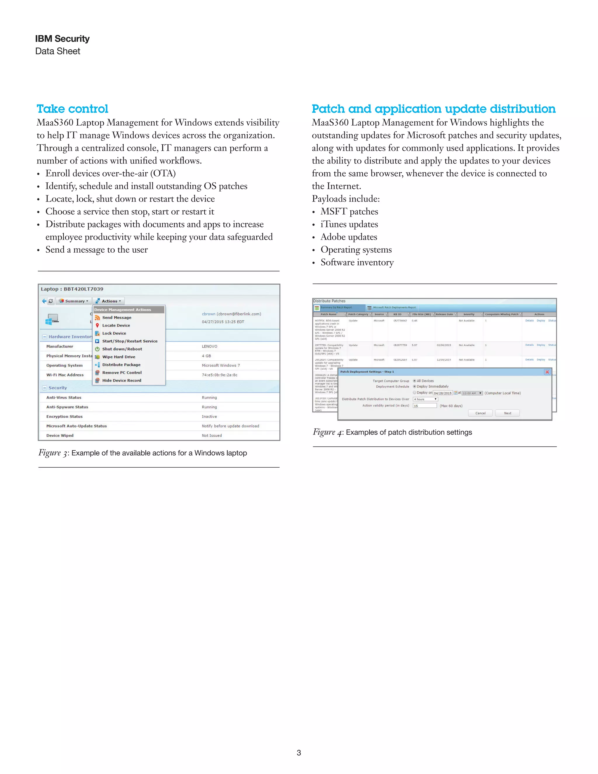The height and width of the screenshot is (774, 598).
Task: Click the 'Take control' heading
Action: coord(72,109)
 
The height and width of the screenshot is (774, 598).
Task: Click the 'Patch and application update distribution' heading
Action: coord(433,109)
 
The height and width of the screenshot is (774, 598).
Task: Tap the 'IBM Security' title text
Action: coord(62,39)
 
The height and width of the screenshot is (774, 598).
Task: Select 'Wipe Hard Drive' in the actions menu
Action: coord(119,357)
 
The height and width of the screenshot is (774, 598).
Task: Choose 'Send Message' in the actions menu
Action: coord(117,317)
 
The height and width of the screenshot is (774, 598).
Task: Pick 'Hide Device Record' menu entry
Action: coord(121,380)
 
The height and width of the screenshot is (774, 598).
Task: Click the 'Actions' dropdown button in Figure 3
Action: coord(109,301)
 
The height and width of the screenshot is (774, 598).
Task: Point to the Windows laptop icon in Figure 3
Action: coord(52,319)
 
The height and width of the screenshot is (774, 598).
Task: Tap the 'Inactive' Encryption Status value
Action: coord(209,416)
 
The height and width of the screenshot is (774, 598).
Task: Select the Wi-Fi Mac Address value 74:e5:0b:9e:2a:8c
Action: coord(219,375)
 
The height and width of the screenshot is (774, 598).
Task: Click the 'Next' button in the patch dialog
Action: coord(507,413)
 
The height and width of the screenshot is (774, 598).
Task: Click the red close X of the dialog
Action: coord(547,372)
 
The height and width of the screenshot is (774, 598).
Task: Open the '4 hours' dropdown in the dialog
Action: coord(425,399)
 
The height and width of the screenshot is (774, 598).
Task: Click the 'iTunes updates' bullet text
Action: coord(349,224)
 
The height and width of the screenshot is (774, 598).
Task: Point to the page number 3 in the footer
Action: coord(299,753)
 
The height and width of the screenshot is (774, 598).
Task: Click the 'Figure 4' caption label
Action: coord(324,432)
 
